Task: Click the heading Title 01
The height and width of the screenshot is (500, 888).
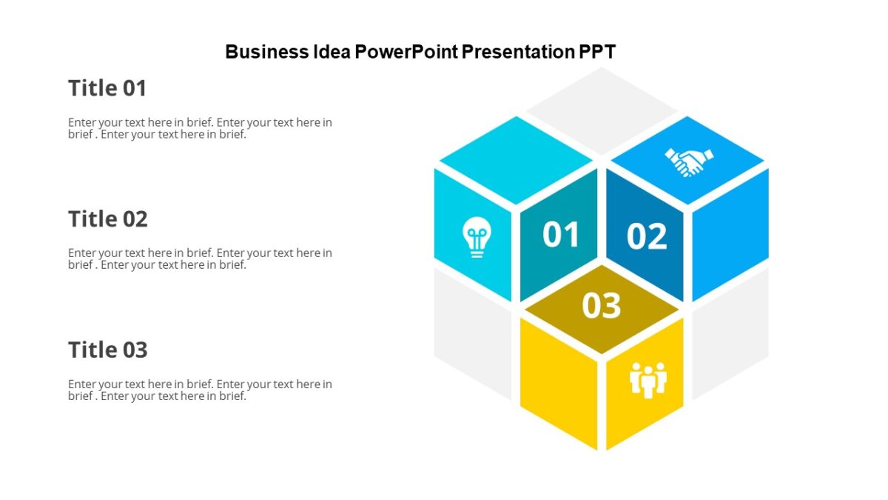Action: coord(107,88)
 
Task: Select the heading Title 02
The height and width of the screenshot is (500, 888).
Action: coord(108,219)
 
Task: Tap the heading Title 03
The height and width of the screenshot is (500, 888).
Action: coord(108,350)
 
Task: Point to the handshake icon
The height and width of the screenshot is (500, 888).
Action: coord(688,161)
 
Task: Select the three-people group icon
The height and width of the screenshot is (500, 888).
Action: coord(648,379)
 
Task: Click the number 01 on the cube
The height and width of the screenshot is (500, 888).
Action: coord(561,235)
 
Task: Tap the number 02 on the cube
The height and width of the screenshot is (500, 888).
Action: coord(647,236)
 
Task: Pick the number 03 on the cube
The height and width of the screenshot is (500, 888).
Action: coord(601,305)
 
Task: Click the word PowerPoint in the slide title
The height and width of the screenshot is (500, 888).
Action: coord(406,52)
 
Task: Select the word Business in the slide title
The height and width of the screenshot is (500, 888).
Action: coord(267,52)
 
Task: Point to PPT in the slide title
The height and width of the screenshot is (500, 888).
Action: coord(598,52)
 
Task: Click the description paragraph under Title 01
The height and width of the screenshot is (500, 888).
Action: coord(200,128)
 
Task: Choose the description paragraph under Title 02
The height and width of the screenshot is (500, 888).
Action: coord(200,259)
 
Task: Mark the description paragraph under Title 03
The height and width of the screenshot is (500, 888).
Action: coord(200,390)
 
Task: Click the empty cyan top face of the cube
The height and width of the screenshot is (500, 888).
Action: coord(516,159)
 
